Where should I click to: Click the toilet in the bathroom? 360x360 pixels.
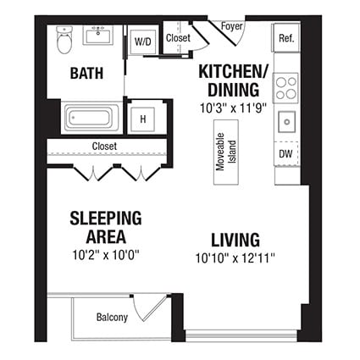tap(64, 39)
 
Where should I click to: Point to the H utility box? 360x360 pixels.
tap(142, 119)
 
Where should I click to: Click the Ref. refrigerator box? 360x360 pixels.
tap(285, 37)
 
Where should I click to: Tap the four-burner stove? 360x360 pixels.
tap(286, 87)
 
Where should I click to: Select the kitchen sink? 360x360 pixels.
tap(287, 121)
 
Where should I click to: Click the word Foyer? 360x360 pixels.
tap(231, 25)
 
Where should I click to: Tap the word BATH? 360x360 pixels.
tap(86, 73)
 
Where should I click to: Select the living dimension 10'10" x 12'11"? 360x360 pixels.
tap(235, 258)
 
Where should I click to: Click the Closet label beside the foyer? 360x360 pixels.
tap(178, 37)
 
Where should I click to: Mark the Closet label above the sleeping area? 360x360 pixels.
tap(105, 146)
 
